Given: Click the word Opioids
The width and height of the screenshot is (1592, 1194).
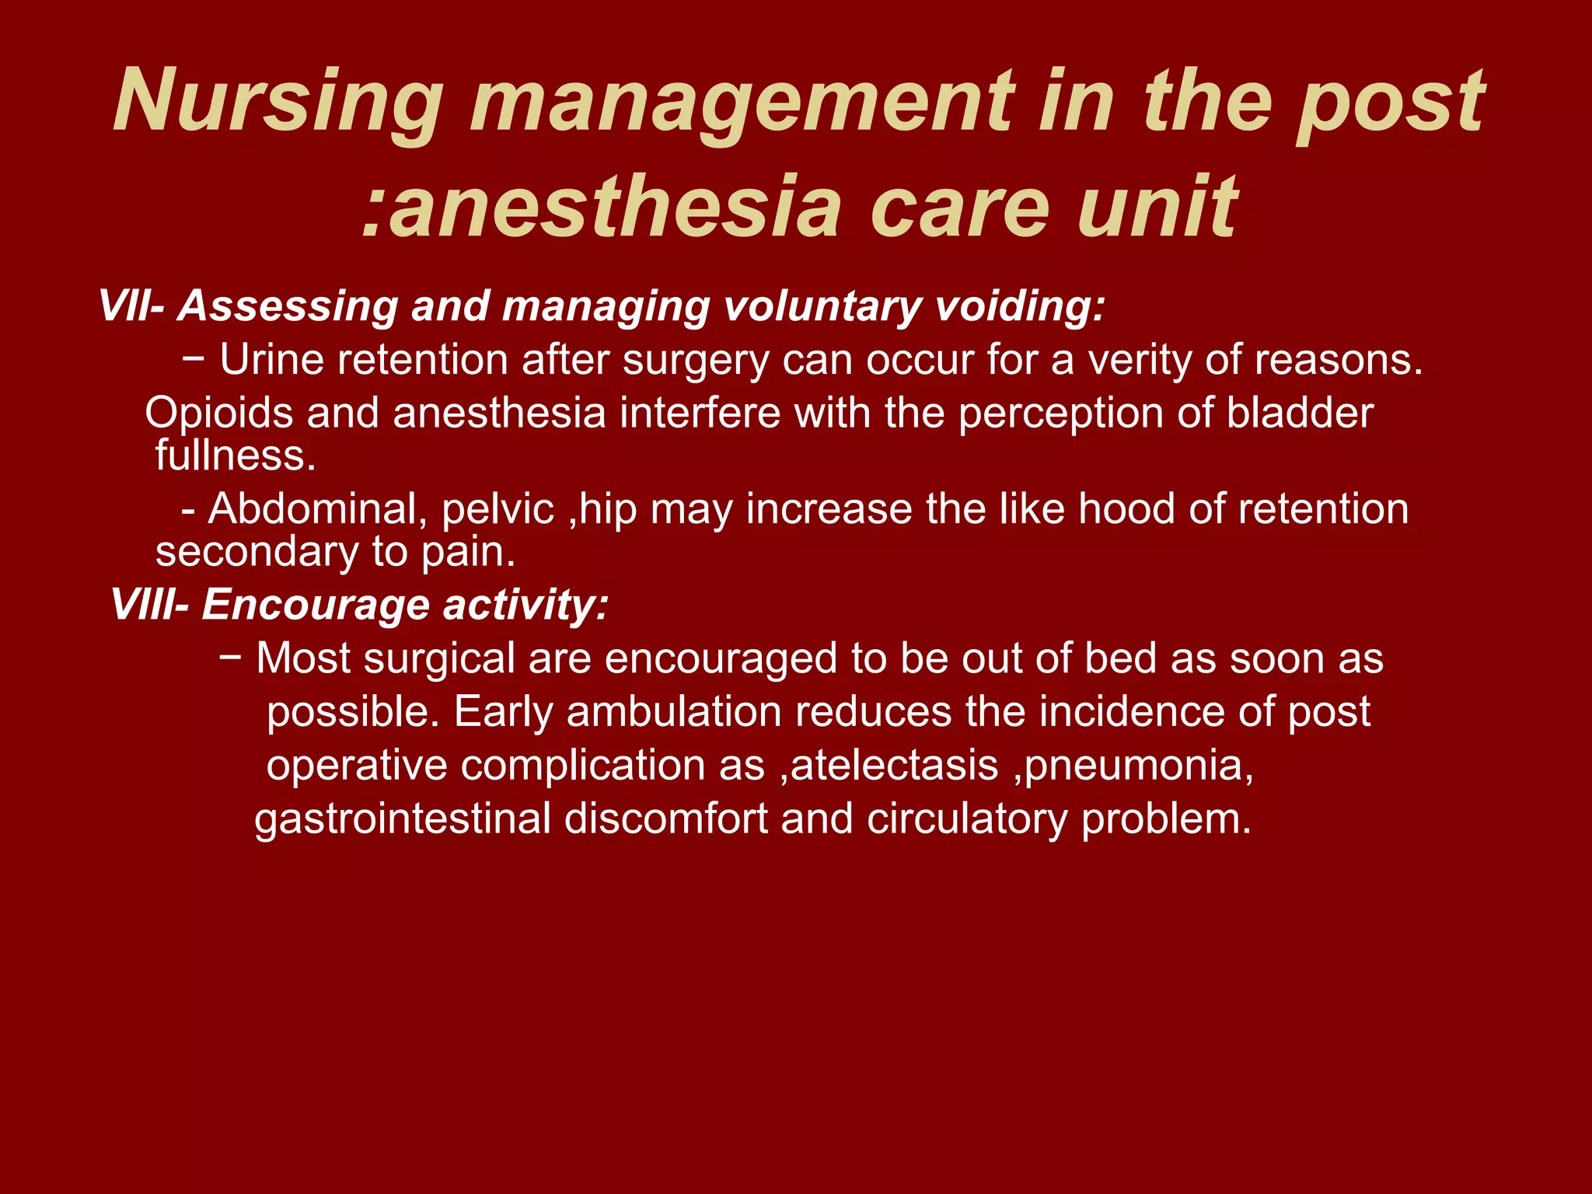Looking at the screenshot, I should (x=218, y=413).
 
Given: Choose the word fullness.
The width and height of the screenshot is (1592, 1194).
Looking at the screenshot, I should (x=236, y=456).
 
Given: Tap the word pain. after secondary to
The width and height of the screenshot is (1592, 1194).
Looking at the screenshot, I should (x=468, y=553).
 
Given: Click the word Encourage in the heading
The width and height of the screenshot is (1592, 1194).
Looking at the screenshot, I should (x=316, y=604).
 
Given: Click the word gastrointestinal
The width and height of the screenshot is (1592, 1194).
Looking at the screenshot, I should (x=403, y=819).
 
